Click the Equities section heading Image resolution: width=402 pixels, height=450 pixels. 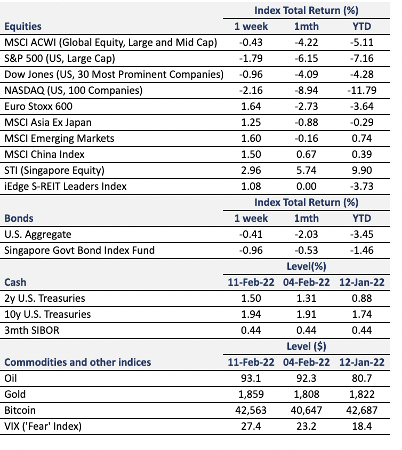click(x=23, y=27)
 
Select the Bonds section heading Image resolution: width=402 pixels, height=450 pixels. click(x=19, y=219)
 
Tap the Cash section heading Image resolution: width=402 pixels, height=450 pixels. click(x=15, y=283)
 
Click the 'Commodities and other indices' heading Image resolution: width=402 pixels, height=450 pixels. click(x=77, y=362)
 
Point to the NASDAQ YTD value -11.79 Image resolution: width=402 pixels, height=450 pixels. click(x=361, y=91)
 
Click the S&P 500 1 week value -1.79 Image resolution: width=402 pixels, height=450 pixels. click(x=251, y=59)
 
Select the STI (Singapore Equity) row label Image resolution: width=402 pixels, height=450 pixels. click(x=54, y=171)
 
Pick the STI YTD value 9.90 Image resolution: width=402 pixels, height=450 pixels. click(x=362, y=171)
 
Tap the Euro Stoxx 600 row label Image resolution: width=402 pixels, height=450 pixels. click(x=38, y=107)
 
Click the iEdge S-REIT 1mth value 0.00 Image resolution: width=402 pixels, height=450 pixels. click(x=307, y=187)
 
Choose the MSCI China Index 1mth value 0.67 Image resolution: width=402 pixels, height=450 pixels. click(x=307, y=155)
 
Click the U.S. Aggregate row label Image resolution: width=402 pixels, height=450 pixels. click(x=38, y=235)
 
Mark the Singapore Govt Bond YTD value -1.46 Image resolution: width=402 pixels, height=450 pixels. click(x=361, y=251)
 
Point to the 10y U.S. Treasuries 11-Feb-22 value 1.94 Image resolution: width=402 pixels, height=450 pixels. click(x=251, y=315)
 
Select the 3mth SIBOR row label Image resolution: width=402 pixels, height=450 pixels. click(x=32, y=331)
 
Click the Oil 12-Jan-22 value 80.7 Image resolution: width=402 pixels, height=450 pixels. click(x=362, y=378)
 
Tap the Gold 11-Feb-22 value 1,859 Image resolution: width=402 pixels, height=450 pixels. click(x=251, y=395)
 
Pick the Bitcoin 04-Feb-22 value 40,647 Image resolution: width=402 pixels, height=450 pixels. click(x=307, y=411)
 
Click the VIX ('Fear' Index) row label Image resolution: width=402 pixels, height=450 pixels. click(x=43, y=427)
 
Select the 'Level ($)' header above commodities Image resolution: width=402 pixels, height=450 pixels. click(x=307, y=347)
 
